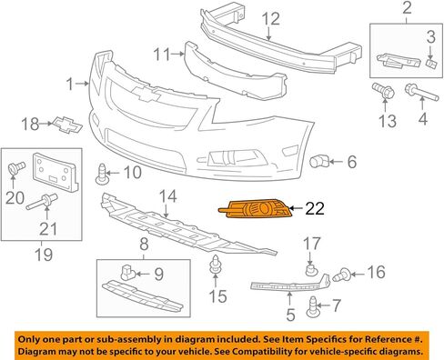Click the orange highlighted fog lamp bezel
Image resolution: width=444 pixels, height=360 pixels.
click(x=257, y=208)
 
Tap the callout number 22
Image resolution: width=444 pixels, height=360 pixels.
click(x=315, y=208)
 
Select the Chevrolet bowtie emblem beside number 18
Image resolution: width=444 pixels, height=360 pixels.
click(x=67, y=125)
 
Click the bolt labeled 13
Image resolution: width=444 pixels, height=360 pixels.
click(x=384, y=90)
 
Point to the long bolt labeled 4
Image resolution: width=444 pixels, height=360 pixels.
click(x=422, y=93)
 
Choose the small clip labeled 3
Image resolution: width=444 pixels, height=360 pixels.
click(x=431, y=64)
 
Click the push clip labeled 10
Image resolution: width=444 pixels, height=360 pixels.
click(x=103, y=175)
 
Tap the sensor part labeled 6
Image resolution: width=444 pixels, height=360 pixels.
click(x=318, y=161)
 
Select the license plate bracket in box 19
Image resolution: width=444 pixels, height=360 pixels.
click(x=55, y=172)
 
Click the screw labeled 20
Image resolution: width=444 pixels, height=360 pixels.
click(x=16, y=167)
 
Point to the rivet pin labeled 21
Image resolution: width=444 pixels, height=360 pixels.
click(x=42, y=202)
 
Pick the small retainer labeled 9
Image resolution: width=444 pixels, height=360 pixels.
click(x=127, y=273)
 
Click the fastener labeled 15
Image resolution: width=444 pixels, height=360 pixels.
click(x=215, y=264)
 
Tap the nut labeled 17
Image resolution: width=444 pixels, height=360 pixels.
click(x=310, y=269)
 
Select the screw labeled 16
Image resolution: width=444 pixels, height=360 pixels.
click(x=342, y=275)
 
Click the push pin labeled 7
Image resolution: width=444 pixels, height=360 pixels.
click(x=313, y=307)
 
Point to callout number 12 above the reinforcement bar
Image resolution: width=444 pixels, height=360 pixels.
click(x=271, y=19)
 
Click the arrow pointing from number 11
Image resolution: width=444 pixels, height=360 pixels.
click(x=177, y=54)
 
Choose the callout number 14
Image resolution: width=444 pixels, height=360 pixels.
click(x=168, y=196)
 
